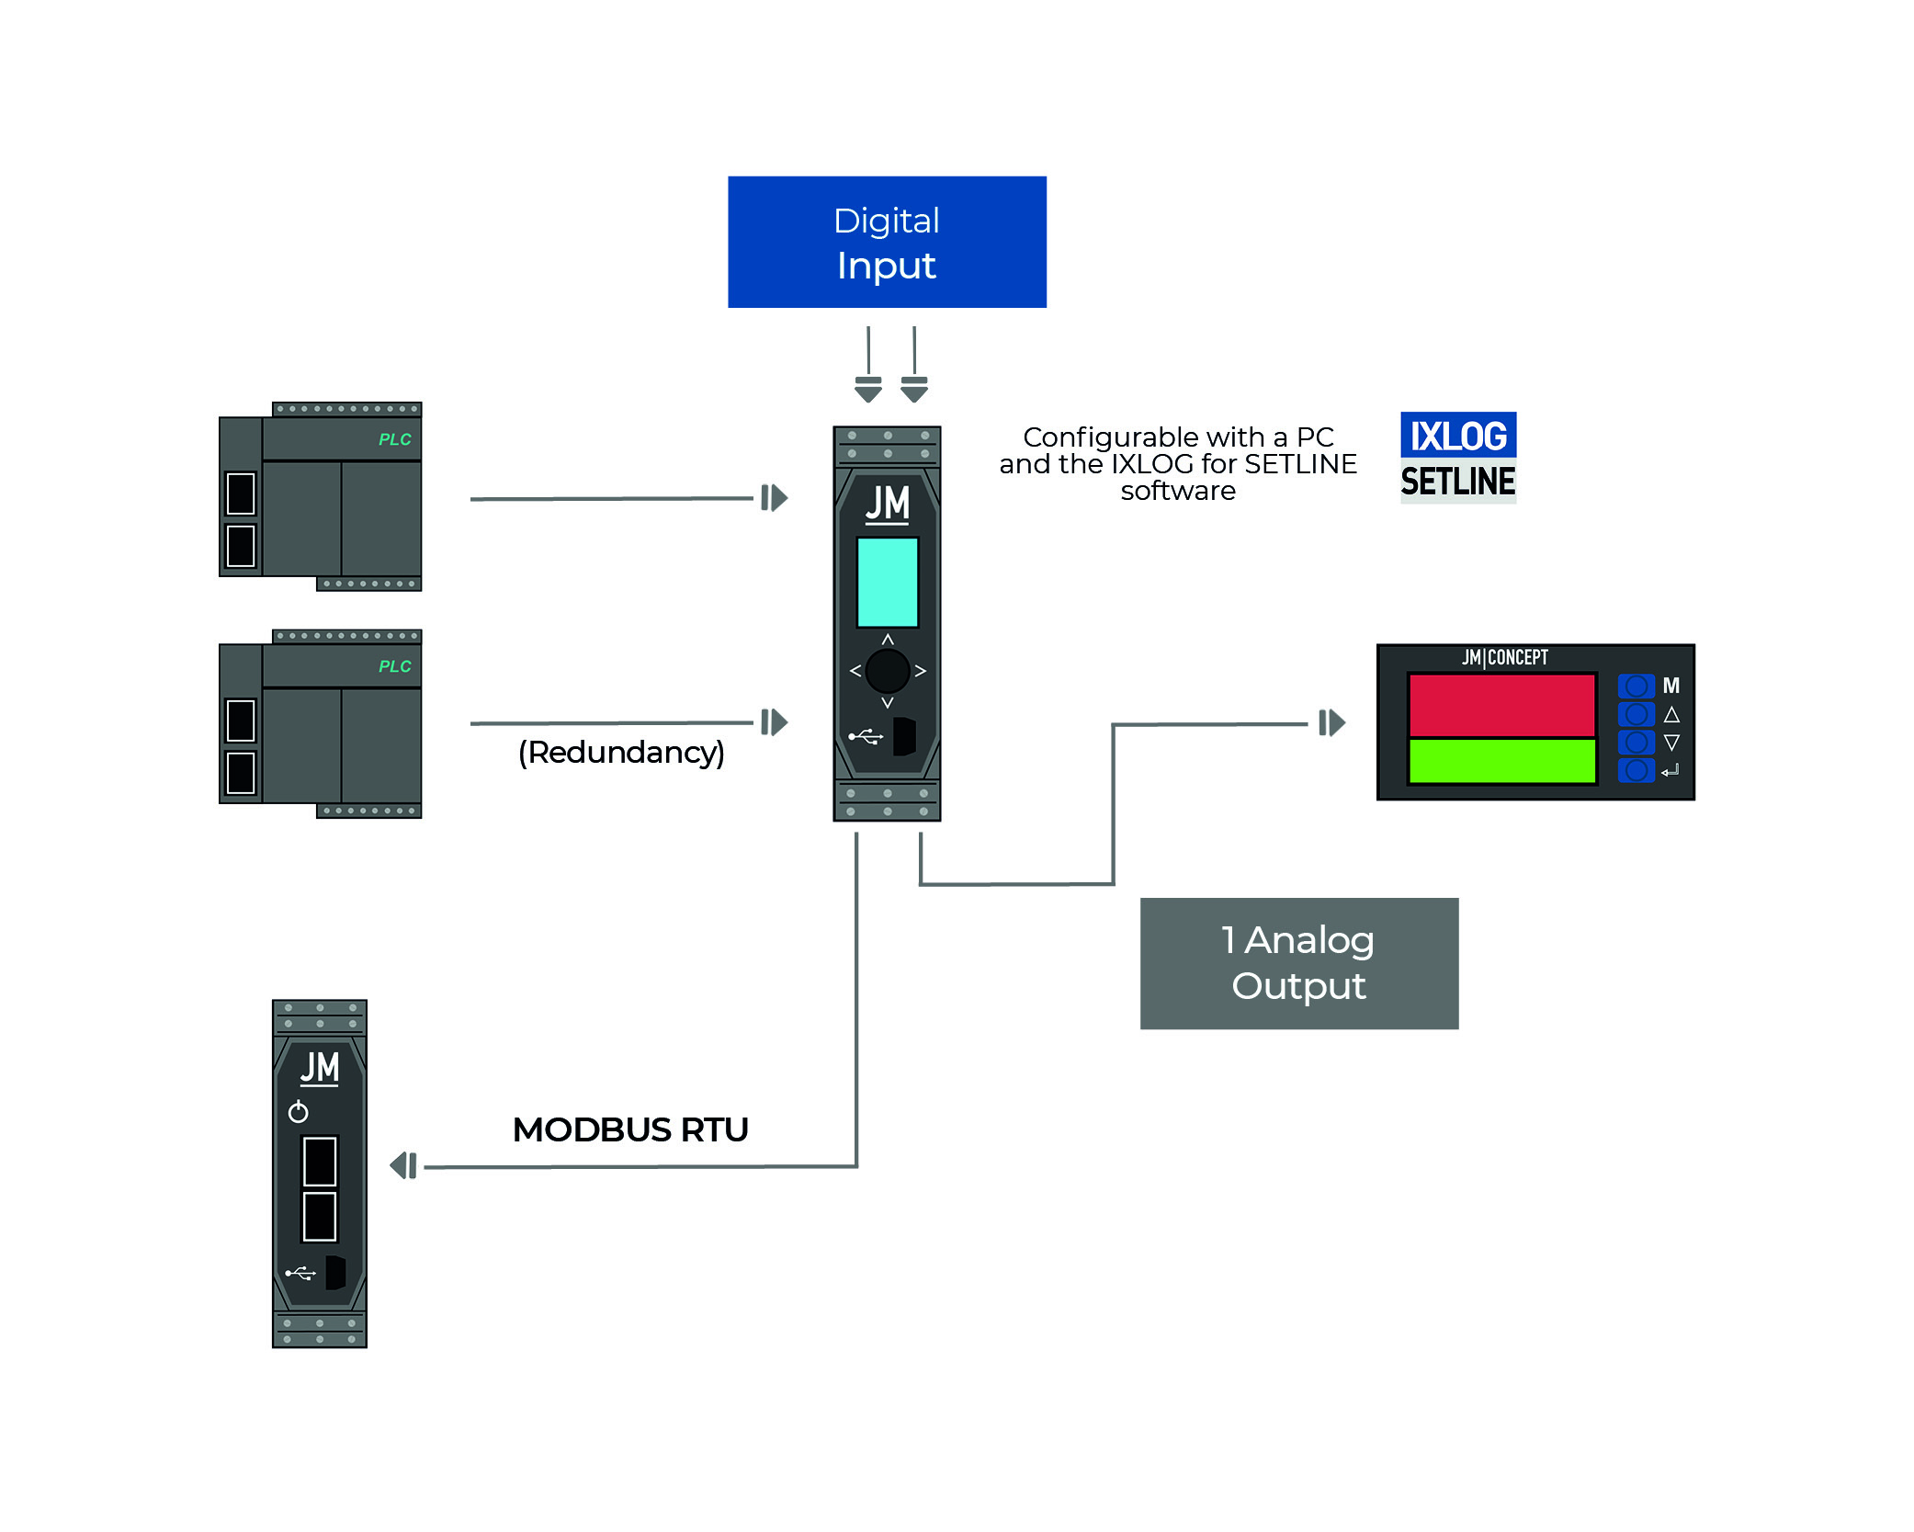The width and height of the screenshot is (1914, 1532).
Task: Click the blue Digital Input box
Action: (887, 242)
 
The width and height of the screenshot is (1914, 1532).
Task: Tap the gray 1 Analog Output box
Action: (1298, 963)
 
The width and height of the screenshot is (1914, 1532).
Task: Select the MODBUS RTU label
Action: (630, 1129)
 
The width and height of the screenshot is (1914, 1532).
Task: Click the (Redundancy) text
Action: (621, 753)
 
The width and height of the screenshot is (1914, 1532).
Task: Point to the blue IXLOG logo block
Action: (1457, 436)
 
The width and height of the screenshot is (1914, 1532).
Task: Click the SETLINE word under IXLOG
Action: (1457, 482)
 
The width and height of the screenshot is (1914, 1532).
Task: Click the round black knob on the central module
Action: (887, 671)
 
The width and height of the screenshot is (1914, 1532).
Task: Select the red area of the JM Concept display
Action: (1501, 705)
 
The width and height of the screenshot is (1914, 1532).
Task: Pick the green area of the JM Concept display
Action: (1501, 761)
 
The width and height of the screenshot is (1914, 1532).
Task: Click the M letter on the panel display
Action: (1671, 686)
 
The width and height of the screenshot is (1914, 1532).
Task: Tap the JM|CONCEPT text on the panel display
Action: (1504, 657)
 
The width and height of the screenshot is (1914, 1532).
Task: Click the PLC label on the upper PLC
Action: (394, 439)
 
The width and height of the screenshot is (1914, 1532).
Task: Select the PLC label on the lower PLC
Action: (394, 666)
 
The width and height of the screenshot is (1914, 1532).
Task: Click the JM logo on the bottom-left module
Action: (320, 1068)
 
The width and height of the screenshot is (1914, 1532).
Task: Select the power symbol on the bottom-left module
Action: (298, 1112)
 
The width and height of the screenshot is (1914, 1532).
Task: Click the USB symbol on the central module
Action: (865, 736)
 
